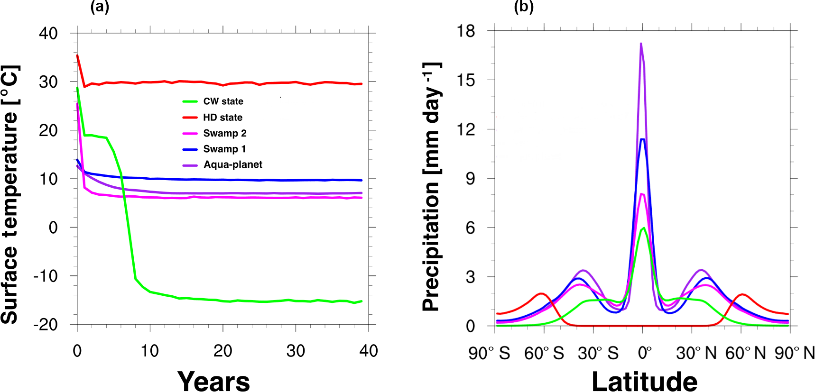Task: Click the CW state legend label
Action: click(223, 101)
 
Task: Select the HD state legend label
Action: click(222, 117)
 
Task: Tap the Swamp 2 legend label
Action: click(225, 133)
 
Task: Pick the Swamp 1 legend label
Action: click(224, 149)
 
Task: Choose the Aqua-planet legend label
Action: click(233, 164)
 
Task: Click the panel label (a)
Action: click(100, 7)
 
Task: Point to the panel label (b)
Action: click(524, 7)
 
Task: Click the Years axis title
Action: click(213, 381)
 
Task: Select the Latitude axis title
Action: click(644, 381)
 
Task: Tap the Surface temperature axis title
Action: click(10, 194)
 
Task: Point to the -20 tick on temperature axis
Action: click(46, 325)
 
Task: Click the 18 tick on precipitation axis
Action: click(465, 31)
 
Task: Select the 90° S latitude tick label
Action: click(489, 353)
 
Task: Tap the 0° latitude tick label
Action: click(645, 353)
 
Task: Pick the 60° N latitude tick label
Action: click(745, 353)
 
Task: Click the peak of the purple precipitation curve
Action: click(641, 44)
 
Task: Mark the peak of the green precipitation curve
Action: click(643, 228)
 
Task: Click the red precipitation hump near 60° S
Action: click(541, 294)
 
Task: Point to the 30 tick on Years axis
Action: click(296, 351)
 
